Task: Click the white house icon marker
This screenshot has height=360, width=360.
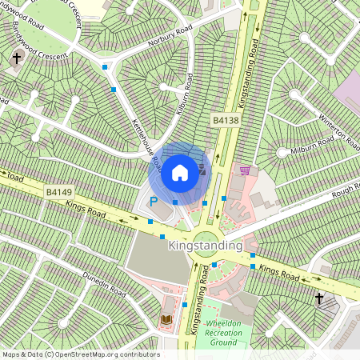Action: click(180, 172)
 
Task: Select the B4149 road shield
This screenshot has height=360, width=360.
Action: click(58, 192)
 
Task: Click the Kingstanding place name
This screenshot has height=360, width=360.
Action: click(205, 248)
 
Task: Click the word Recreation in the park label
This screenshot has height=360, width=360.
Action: click(223, 332)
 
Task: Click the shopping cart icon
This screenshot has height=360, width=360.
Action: click(244, 170)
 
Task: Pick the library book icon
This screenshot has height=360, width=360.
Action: click(166, 320)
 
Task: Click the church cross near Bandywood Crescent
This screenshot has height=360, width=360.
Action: click(17, 58)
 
